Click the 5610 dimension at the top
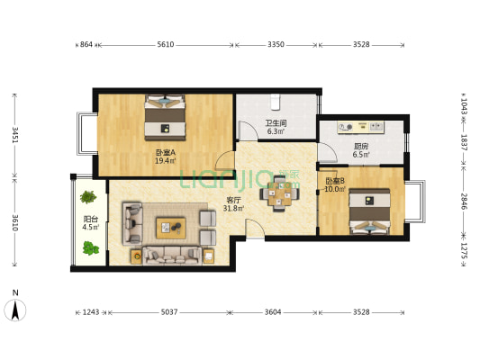166,45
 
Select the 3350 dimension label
276,45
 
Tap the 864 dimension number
86,45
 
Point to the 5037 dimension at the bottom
169,312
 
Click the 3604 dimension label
273,312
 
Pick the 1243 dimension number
91,312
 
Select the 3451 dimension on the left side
15,135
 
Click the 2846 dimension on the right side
464,202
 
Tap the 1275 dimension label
464,250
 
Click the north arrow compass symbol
15,310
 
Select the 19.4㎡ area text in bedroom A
166,160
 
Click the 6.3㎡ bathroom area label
276,131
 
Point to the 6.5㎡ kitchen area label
361,155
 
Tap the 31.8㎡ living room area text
233,209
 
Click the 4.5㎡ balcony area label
91,227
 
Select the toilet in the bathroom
276,102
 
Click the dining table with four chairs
279,193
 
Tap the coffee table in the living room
171,228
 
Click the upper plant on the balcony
88,197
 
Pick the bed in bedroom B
370,211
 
